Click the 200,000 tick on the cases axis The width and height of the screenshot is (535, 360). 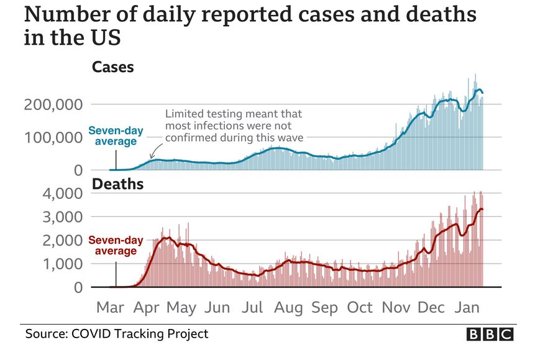[x=53, y=104]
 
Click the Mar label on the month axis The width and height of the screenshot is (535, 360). [x=109, y=307]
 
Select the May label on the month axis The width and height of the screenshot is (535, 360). [x=181, y=307]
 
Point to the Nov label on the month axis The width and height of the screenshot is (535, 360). [x=396, y=307]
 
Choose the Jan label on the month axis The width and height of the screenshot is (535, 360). [x=467, y=307]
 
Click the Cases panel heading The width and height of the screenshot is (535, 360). [x=112, y=67]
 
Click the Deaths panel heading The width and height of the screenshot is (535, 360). [x=118, y=184]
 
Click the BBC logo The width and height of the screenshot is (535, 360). [x=490, y=335]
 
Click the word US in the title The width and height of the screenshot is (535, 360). [x=102, y=37]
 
